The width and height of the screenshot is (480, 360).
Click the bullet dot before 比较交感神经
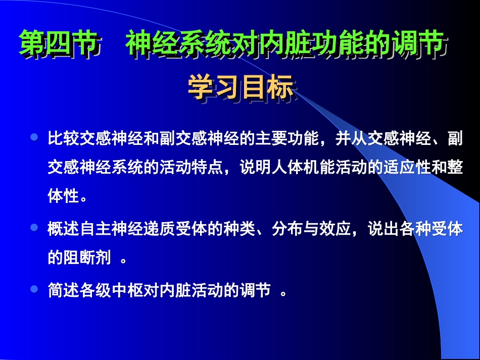coord(34,138)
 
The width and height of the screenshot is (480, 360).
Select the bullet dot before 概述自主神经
coord(34,228)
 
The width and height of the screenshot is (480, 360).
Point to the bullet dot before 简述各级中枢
coord(34,289)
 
